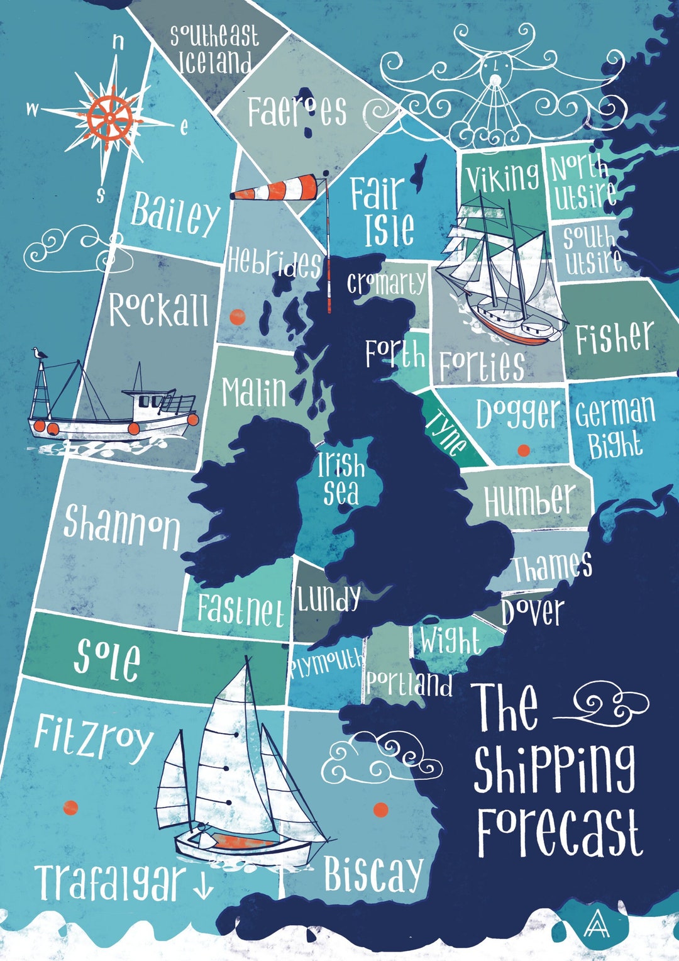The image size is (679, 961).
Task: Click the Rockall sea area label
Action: point(158,309)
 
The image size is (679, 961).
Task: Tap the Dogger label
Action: point(517,414)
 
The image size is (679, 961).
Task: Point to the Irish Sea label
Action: point(341,479)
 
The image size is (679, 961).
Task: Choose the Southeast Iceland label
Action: point(214,49)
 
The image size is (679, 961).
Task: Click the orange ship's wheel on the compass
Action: point(110,117)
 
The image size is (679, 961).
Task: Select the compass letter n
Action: point(118,42)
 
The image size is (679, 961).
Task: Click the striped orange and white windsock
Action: point(280,187)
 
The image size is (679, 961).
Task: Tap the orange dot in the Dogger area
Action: point(523,450)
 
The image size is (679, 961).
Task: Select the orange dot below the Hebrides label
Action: point(237,317)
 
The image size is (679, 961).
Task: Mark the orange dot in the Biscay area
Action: point(380,809)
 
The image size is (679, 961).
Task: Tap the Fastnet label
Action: point(240,609)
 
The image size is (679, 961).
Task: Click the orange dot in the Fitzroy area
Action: point(71,808)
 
